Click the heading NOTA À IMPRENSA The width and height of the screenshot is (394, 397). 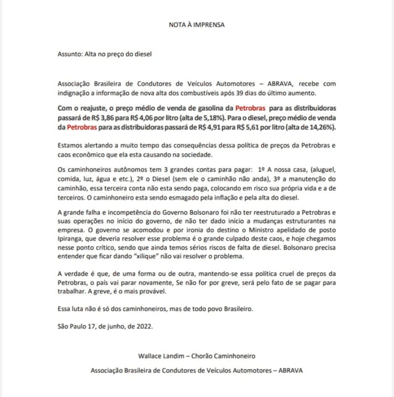click(x=197, y=25)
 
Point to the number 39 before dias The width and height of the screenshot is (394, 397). click(x=240, y=93)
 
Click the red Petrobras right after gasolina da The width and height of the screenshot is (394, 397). click(x=250, y=108)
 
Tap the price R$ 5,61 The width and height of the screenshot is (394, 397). click(x=249, y=127)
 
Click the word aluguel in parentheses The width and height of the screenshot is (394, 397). click(x=323, y=170)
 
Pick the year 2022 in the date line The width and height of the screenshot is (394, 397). click(x=144, y=327)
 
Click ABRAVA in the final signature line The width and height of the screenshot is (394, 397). click(x=291, y=371)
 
